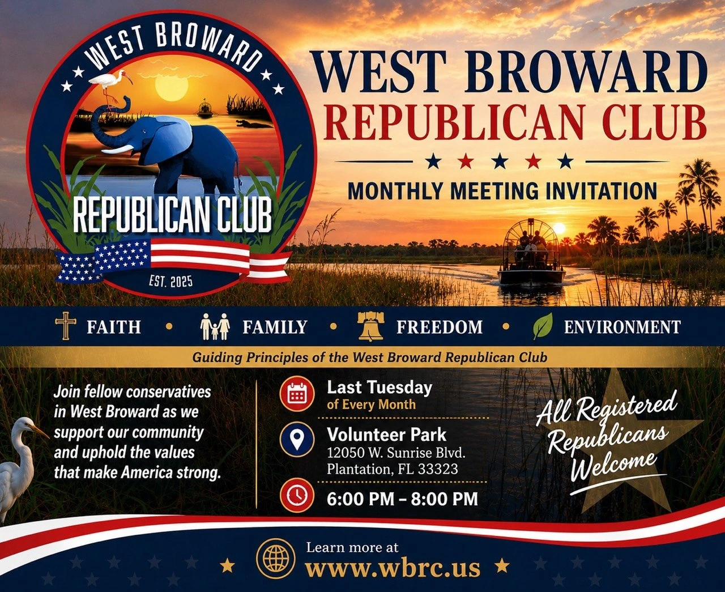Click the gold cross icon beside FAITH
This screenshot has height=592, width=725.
tap(66, 326)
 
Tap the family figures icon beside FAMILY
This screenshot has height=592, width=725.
tap(215, 326)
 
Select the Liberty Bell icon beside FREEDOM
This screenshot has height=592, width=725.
tap(370, 327)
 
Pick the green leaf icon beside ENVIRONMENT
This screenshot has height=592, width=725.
tap(543, 326)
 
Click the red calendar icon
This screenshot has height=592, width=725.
tap(297, 394)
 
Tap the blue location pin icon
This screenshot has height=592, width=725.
tap(297, 440)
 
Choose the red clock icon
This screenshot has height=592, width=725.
tap(297, 495)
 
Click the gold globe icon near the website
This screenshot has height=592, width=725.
tap(276, 559)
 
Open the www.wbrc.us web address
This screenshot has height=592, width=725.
tap(392, 568)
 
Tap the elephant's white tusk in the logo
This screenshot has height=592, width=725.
tap(117, 150)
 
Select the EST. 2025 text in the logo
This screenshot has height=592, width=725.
tap(171, 282)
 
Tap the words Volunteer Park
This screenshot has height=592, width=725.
tap(386, 435)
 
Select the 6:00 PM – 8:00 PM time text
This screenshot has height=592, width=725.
tap(402, 499)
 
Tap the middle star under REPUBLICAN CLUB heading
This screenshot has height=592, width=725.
tap(501, 161)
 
